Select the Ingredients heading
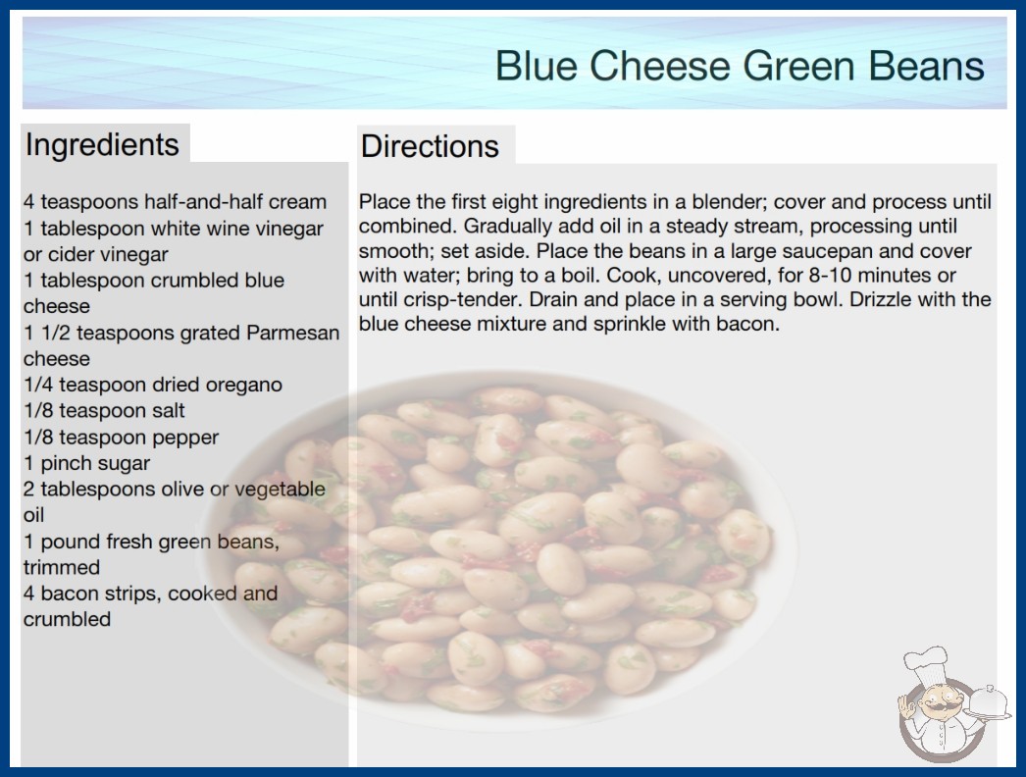point(102,145)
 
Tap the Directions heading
point(430,146)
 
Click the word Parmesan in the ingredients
point(292,333)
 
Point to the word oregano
point(243,386)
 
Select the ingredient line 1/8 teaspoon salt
point(104,410)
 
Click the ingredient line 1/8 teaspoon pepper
point(121,437)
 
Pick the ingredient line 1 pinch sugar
point(87,463)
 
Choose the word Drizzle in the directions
point(882,299)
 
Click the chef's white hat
point(926,664)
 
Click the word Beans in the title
point(927,66)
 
